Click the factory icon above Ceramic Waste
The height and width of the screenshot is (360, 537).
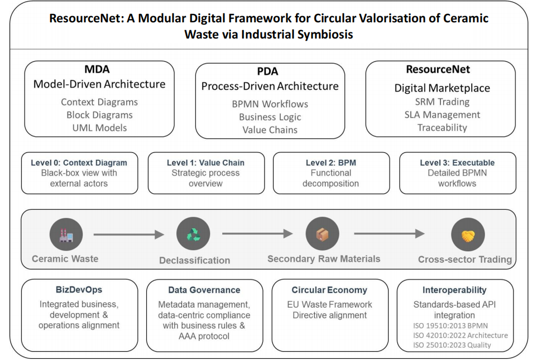[66, 234]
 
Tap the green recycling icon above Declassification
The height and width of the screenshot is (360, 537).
[193, 234]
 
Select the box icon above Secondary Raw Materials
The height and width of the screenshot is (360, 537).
[322, 234]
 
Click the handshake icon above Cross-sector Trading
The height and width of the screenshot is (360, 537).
[468, 234]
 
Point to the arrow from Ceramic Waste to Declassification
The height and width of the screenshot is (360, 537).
[128, 234]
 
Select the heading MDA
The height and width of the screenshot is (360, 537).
[97, 70]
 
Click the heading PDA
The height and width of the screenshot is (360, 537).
[267, 71]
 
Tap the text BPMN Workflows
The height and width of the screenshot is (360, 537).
[270, 104]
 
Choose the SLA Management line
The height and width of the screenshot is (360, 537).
[442, 115]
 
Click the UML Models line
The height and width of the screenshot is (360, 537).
[99, 128]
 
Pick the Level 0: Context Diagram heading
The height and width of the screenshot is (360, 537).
[79, 163]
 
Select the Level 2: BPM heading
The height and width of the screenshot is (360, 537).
[330, 163]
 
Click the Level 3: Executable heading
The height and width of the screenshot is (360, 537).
[457, 163]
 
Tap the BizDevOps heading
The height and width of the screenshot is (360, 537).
[79, 290]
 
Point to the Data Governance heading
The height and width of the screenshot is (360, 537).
[204, 290]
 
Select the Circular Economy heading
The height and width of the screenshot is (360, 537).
[329, 290]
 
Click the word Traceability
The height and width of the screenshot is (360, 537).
[442, 128]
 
